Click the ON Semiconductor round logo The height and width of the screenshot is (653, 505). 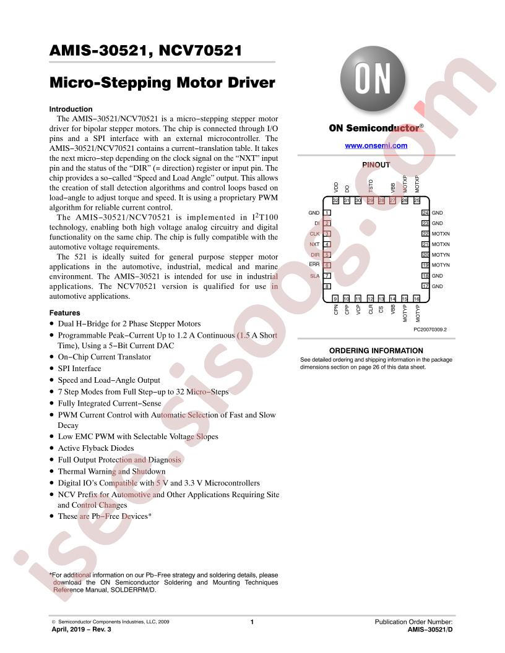tap(373, 79)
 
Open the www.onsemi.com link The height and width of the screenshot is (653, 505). tap(376, 146)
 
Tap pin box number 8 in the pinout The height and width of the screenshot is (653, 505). tap(327, 286)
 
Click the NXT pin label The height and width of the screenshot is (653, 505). tap(314, 244)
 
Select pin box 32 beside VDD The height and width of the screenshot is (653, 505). tap(336, 201)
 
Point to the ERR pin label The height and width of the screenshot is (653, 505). tap(314, 265)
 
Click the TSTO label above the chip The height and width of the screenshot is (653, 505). tap(371, 186)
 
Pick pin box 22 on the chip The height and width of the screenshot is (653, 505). tap(425, 234)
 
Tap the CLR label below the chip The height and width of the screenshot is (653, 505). tap(371, 309)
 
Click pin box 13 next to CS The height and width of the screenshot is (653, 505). tap(381, 299)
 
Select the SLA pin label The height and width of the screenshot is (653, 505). tap(314, 276)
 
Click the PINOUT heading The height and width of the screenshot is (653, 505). tap(376, 165)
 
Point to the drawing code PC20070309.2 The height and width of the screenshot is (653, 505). tap(430, 330)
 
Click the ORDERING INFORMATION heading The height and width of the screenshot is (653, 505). tap(376, 351)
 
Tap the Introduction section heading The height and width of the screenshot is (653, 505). tap(71, 109)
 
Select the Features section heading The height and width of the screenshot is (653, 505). tap(64, 313)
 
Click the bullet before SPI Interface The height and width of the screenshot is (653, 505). tap(51, 369)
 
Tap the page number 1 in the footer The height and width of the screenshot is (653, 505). tap(252, 621)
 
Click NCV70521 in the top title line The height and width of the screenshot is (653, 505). tap(200, 50)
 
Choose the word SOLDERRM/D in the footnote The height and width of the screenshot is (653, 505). tap(133, 590)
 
